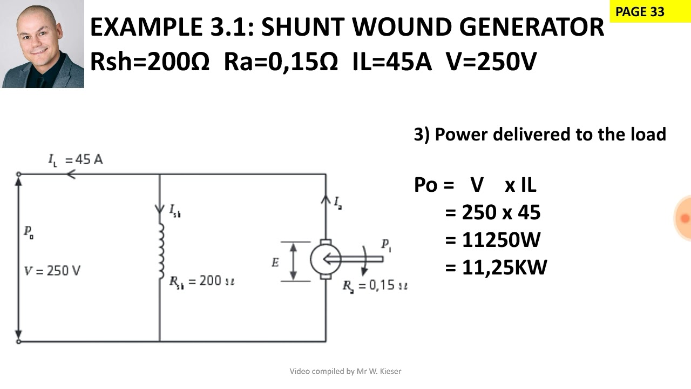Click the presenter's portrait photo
tap(43, 44)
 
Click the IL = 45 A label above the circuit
tap(76, 159)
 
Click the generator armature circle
tap(325, 259)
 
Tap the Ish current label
tap(175, 211)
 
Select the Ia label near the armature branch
tap(338, 203)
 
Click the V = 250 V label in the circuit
tap(52, 271)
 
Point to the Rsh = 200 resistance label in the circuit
tap(201, 281)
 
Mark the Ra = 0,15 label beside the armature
tap(375, 285)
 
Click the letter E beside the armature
tap(275, 263)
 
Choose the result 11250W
tap(500, 240)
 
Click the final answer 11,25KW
tap(504, 267)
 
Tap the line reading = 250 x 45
tap(492, 212)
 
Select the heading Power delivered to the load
tap(540, 134)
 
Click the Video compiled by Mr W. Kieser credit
tap(345, 371)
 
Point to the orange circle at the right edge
tap(683, 218)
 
